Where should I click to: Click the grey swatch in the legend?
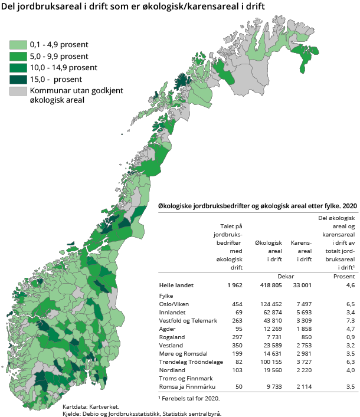(18, 91)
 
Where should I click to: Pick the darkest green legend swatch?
(18, 79)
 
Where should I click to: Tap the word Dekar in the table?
(285, 276)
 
